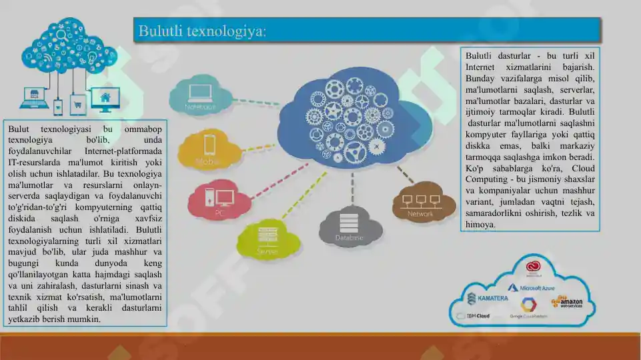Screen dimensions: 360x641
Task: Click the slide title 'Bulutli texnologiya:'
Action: click(202, 31)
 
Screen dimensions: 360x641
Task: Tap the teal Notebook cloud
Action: click(199, 95)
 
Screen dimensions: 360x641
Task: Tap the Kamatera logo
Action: click(488, 298)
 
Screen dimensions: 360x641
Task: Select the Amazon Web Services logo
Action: click(566, 302)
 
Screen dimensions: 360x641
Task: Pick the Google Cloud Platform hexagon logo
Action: click(528, 305)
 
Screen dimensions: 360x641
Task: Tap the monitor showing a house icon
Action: click(105, 99)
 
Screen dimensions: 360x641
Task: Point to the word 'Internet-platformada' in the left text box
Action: click(123, 151)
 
